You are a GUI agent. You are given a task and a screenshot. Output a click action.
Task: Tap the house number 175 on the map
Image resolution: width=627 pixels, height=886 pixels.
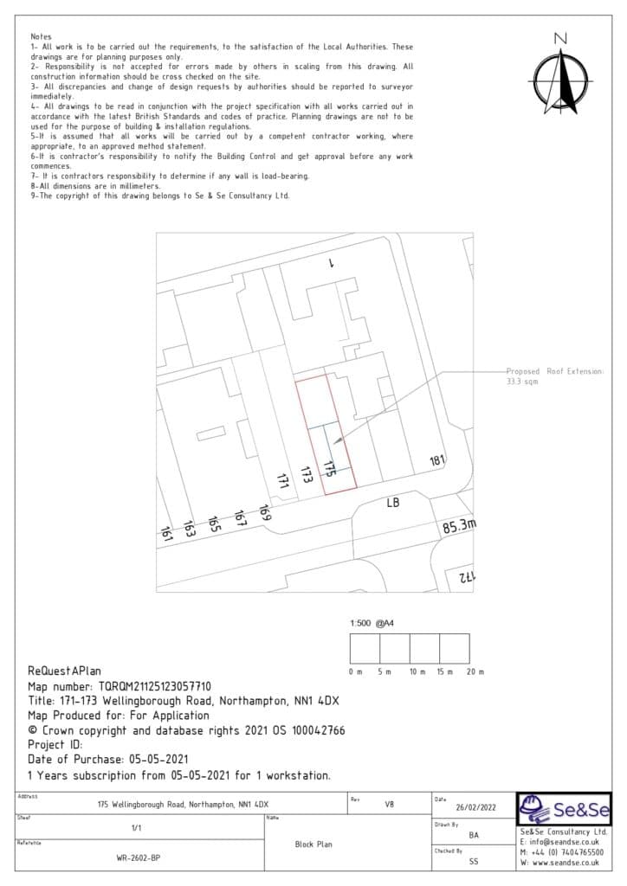pyautogui.click(x=329, y=468)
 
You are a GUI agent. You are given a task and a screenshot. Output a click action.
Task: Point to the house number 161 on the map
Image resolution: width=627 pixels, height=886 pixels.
pyautogui.click(x=166, y=535)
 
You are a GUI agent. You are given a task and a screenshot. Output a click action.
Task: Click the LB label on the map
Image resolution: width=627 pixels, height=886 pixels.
pyautogui.click(x=392, y=503)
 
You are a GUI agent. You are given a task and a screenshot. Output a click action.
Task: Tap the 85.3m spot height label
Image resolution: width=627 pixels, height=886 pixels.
pyautogui.click(x=460, y=526)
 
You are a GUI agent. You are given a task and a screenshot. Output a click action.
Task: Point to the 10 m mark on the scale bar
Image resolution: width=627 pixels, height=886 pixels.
pyautogui.click(x=417, y=672)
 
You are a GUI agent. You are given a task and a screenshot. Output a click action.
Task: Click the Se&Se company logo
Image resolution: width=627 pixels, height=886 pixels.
pyautogui.click(x=564, y=811)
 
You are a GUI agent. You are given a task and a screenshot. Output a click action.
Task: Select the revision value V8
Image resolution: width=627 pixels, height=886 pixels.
pyautogui.click(x=390, y=804)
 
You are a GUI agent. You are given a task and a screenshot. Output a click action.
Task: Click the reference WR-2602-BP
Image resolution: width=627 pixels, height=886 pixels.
pyautogui.click(x=136, y=859)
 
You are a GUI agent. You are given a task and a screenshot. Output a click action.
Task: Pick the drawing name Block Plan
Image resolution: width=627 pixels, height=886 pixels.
pyautogui.click(x=313, y=844)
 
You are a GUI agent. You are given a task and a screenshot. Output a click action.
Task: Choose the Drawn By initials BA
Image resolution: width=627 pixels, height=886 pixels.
pyautogui.click(x=474, y=836)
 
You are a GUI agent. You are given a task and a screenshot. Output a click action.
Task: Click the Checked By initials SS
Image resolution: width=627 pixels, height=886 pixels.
pyautogui.click(x=474, y=862)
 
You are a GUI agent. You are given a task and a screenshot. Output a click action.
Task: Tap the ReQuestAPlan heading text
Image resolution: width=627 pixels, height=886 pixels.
pyautogui.click(x=65, y=671)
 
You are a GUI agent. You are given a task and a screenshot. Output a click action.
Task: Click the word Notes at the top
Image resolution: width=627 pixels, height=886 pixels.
pyautogui.click(x=41, y=37)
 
